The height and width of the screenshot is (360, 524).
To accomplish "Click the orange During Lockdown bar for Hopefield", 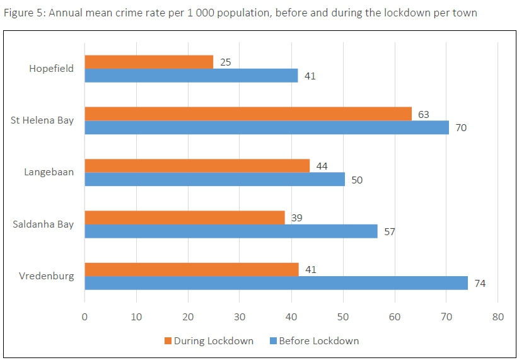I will [x=149, y=62].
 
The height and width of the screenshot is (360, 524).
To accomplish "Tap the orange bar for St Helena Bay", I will [x=248, y=113].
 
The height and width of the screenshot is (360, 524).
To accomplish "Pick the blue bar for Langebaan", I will [x=214, y=180].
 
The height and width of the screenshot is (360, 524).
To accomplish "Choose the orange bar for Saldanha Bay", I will [x=184, y=218].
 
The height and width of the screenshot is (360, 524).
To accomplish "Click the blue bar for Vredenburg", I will [x=276, y=283].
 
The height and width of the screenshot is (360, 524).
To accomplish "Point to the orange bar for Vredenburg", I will [x=191, y=269].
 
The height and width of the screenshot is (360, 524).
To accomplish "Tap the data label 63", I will [x=424, y=114].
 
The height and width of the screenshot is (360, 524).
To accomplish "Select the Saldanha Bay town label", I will [x=43, y=224].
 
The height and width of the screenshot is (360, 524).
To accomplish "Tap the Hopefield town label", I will [x=51, y=69].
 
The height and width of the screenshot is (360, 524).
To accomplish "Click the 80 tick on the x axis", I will [x=498, y=317].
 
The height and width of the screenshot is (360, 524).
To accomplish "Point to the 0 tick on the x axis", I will [x=84, y=317].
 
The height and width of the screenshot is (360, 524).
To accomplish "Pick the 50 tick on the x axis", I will [x=343, y=317].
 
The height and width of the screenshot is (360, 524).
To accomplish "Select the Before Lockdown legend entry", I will [x=318, y=341].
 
